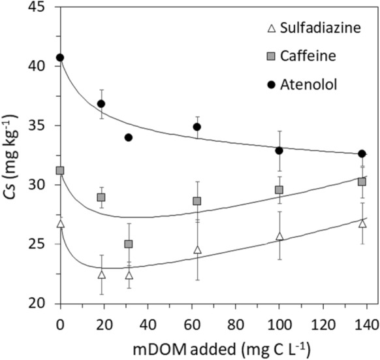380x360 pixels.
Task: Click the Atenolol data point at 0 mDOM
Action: click(x=60, y=57)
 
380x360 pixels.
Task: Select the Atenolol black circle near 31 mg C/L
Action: click(x=129, y=137)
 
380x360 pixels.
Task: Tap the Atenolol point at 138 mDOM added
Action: click(x=362, y=154)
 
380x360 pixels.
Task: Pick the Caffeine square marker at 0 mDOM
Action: click(x=60, y=171)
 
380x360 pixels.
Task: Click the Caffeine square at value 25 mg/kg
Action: click(x=129, y=244)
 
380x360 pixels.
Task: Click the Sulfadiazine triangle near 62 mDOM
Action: click(x=197, y=250)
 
